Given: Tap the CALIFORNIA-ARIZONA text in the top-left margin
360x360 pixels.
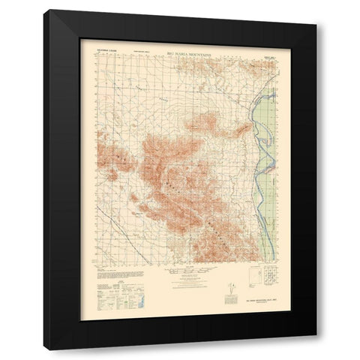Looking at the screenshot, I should pyautogui.click(x=109, y=47).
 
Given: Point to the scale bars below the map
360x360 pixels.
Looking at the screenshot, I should pyautogui.click(x=181, y=274).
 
